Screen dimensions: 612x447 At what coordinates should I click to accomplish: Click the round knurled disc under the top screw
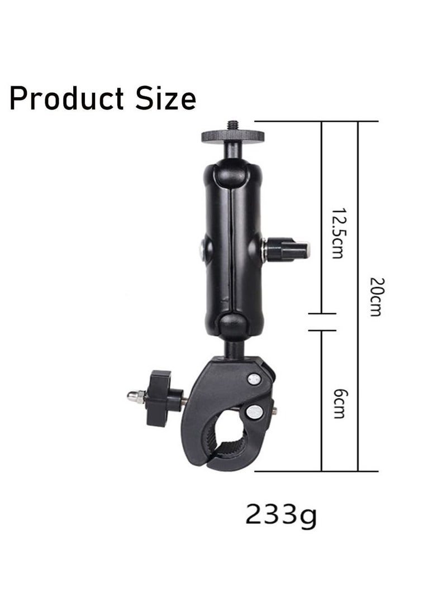pos(230,136)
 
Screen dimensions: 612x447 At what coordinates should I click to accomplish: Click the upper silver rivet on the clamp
pos(255,380)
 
